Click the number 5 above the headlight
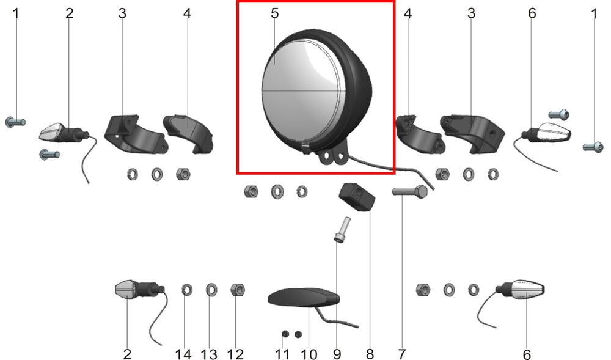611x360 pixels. point(275,13)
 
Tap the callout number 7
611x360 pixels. point(402,354)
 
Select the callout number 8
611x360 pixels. point(370,354)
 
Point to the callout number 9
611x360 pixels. point(337,354)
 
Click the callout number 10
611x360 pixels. point(309,354)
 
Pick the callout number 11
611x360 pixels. point(282,354)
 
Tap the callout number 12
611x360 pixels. point(235,354)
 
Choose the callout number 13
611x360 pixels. point(209,354)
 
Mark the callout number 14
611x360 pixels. point(183,354)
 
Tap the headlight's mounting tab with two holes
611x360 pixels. point(332,156)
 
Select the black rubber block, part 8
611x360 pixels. point(357,196)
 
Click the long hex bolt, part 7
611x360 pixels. point(409,191)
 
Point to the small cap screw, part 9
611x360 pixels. point(342,229)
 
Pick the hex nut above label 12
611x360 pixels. point(237,290)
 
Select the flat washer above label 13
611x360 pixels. point(211,290)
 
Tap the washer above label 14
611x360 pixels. point(187,290)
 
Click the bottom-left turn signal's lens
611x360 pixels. point(125,290)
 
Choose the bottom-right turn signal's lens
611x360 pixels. point(528,290)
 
